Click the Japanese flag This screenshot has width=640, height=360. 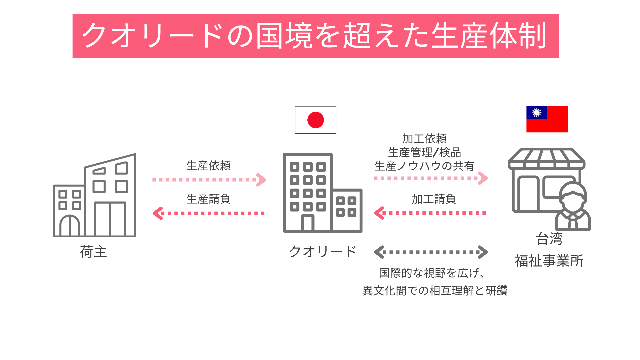[x=315, y=120]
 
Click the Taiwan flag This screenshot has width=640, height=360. [x=547, y=119]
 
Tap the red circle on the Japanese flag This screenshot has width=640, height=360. [x=315, y=120]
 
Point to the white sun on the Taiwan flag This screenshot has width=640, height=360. [x=537, y=113]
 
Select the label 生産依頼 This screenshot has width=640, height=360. [x=208, y=166]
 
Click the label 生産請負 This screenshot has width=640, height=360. [x=208, y=199]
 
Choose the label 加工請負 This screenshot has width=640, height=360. [x=433, y=199]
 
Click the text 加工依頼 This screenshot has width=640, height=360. [x=424, y=138]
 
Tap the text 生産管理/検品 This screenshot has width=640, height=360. [x=424, y=152]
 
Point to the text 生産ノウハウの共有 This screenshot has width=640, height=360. [x=424, y=166]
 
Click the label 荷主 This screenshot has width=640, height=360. [x=93, y=252]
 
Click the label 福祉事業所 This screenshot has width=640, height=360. [x=549, y=261]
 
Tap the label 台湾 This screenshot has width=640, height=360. [x=549, y=239]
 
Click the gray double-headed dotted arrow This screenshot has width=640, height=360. [x=431, y=252]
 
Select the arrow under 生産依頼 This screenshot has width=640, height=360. [x=209, y=180]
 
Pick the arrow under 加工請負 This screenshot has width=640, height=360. [x=430, y=213]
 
